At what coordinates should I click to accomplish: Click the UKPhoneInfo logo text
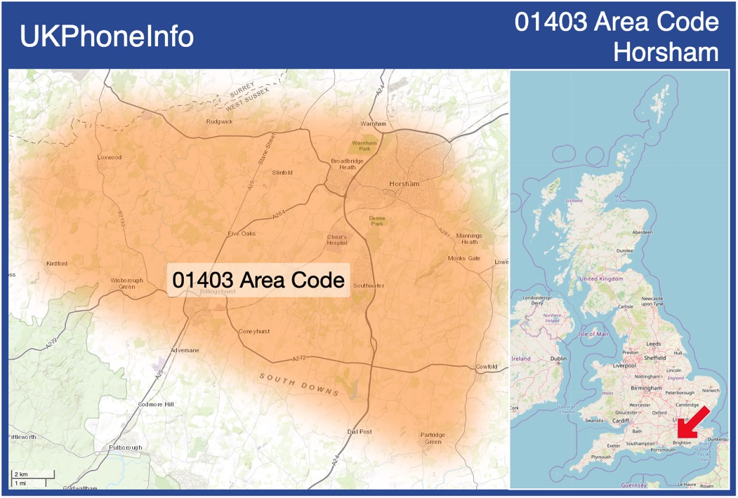107,36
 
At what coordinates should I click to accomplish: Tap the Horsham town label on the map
404,184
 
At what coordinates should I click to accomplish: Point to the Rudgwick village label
219,121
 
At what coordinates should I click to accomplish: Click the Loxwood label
109,157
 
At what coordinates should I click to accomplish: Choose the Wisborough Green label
126,283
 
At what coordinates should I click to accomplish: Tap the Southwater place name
369,285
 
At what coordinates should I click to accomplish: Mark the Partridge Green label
433,438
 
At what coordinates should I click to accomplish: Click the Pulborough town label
125,447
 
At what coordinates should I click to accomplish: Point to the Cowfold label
487,367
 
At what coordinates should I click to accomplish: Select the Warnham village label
374,123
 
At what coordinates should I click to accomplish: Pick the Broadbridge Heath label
347,164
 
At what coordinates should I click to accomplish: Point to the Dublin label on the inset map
559,358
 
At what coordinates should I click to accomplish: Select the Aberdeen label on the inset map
642,232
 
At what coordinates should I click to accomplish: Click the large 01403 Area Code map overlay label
259,279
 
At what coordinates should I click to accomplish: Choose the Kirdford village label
57,264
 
